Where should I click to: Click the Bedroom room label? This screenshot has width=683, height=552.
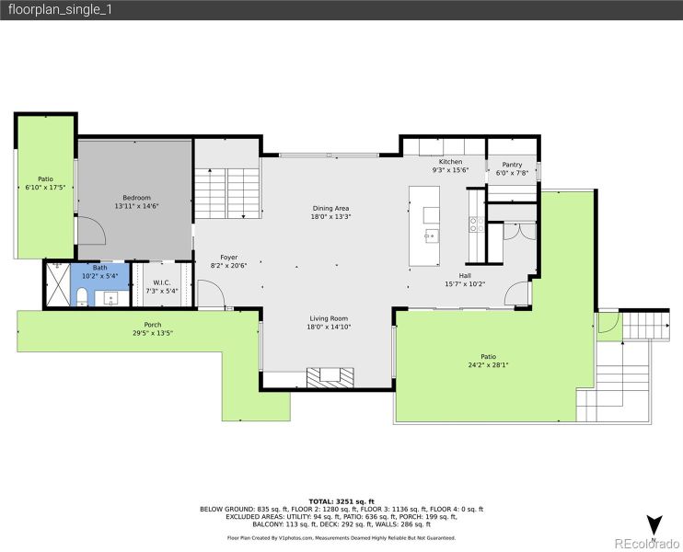coord(136,198)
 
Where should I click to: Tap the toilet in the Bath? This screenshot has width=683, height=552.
coord(81,295)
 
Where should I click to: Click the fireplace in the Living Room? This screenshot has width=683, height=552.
coord(330,375)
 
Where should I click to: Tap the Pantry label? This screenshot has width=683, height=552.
coord(512,165)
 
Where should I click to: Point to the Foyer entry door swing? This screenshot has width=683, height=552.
coord(212,294)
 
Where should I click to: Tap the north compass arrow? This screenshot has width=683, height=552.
coord(654,525)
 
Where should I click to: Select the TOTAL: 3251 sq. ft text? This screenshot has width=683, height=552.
coord(341,500)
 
